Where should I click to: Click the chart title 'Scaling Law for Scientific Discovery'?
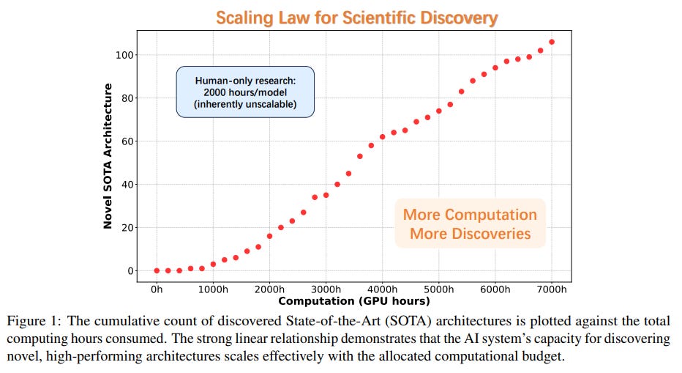356,18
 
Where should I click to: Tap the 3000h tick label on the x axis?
326,289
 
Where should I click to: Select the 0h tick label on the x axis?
157,289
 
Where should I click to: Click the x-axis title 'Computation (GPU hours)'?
353,300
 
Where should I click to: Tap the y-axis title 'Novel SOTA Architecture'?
108,155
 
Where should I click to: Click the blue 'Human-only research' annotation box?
245,92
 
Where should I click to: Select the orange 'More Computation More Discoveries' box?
470,224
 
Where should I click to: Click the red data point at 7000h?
552,42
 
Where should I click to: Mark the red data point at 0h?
157,270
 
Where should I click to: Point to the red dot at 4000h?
382,137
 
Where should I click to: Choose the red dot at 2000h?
269,236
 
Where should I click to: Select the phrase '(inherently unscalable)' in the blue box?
245,105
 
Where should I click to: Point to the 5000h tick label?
438,289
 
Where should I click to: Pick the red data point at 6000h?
495,67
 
